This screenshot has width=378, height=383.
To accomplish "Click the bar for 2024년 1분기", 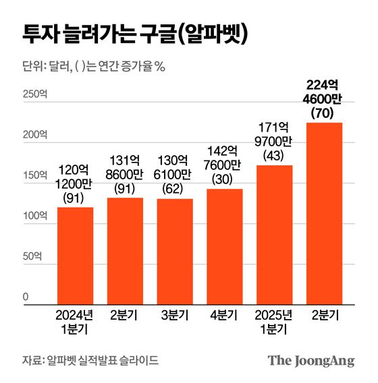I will (x=76, y=256).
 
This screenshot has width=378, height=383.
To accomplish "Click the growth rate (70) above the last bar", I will (x=324, y=113).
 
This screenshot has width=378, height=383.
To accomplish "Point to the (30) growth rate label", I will (x=225, y=179).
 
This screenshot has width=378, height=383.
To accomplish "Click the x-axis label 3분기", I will (x=175, y=315).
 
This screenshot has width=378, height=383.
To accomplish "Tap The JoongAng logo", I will (x=311, y=361).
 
